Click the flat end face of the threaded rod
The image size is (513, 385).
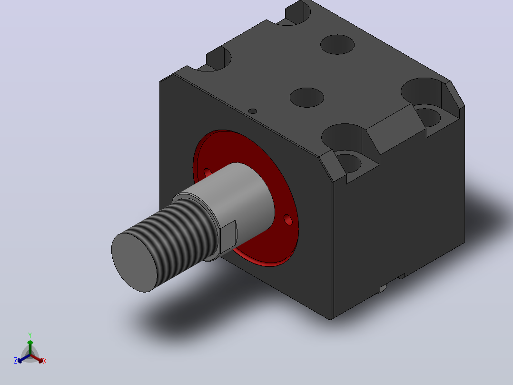[x=134, y=263]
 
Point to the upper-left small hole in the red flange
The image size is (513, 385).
[x=207, y=172]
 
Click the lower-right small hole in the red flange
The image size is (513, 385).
[x=288, y=220]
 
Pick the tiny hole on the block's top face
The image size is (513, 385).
[x=253, y=111]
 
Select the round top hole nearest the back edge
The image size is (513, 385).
[x=337, y=45]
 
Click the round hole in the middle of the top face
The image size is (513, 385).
[x=307, y=98]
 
